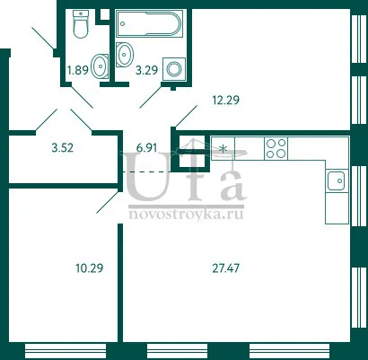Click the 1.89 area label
(78, 71)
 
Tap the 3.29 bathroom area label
(146, 71)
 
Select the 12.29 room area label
(225, 100)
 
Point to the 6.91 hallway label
(146, 147)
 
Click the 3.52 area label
(63, 147)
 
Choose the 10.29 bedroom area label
(90, 268)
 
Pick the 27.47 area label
(226, 268)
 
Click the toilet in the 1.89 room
(81, 24)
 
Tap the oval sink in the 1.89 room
(100, 66)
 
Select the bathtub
(149, 23)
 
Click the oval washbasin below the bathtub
(124, 55)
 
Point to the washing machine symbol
(174, 69)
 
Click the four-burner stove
(276, 148)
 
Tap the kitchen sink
(337, 180)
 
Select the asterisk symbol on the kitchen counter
(223, 148)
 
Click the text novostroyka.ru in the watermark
(186, 215)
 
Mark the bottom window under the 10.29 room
(66, 351)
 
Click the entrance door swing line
(43, 38)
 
